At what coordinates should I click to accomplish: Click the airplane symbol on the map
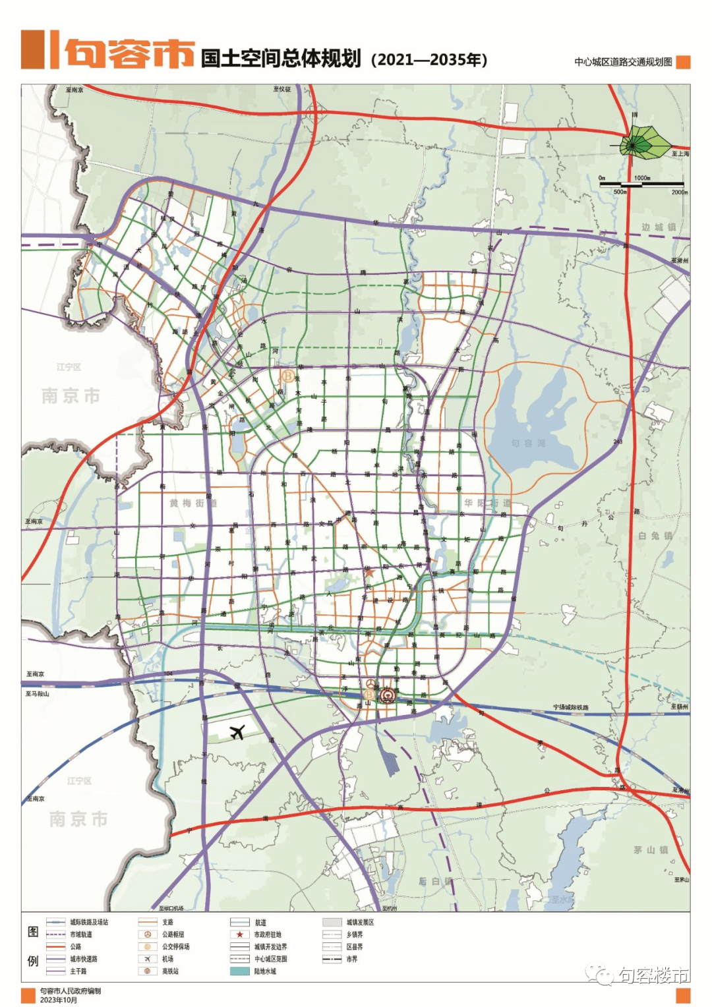pos(237,732)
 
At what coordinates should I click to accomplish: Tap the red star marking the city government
pos(369,573)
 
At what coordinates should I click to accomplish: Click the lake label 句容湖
pos(529,443)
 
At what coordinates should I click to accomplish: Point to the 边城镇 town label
pos(658,227)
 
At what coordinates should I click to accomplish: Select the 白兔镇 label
pos(655,536)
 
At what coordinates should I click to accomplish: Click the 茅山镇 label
pos(651,850)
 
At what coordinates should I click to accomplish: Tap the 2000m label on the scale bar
pos(679,192)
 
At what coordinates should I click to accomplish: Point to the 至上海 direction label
pos(680,154)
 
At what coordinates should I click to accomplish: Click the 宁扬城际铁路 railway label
pos(571,707)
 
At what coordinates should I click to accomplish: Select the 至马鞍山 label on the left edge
pos(38,694)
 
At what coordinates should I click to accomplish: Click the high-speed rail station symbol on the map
pos(387,694)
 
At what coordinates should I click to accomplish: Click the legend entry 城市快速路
pos(84,959)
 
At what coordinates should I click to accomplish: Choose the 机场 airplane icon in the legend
pos(148,959)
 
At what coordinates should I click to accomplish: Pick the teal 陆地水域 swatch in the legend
pos(239,971)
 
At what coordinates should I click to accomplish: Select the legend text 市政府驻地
pos(268,935)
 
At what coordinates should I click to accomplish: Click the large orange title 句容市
pos(129,52)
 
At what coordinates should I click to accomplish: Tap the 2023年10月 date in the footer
pos(59,1000)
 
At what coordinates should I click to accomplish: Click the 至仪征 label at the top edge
pos(282,89)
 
